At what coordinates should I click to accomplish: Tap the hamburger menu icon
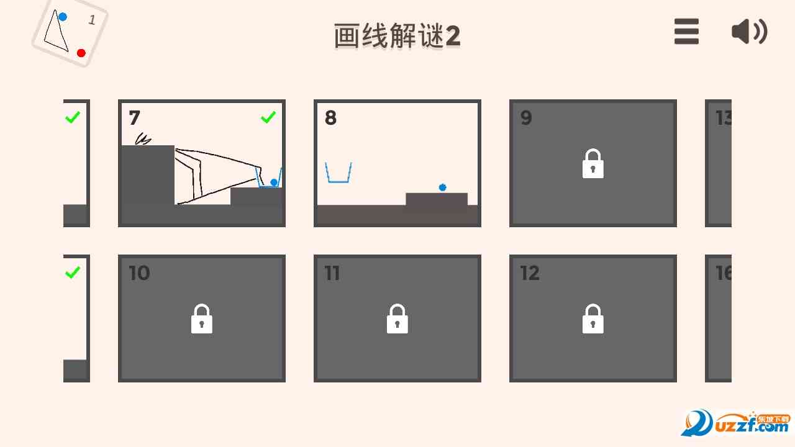click(x=686, y=31)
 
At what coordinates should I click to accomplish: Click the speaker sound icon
click(x=749, y=31)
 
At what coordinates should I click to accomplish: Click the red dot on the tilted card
click(x=81, y=53)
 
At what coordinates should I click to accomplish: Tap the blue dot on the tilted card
click(x=63, y=17)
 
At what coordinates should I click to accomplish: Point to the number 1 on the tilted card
click(x=92, y=20)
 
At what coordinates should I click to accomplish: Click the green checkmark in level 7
click(x=268, y=117)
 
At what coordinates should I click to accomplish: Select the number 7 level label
click(x=135, y=117)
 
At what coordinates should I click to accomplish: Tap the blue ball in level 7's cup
click(x=274, y=183)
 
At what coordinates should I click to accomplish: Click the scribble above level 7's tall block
click(x=143, y=139)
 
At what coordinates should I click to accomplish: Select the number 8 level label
click(x=330, y=117)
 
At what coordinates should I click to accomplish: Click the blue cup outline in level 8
click(x=338, y=173)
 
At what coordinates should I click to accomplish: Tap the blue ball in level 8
click(x=443, y=187)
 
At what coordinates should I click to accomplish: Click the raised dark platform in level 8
click(x=437, y=200)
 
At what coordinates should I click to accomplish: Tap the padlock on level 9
click(x=593, y=164)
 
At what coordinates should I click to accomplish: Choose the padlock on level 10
click(x=202, y=319)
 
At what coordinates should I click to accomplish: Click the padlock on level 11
click(x=397, y=319)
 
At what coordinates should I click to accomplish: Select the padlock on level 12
click(x=593, y=319)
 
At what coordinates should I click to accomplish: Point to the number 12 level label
click(x=530, y=273)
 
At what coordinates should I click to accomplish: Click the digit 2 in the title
click(x=453, y=37)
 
